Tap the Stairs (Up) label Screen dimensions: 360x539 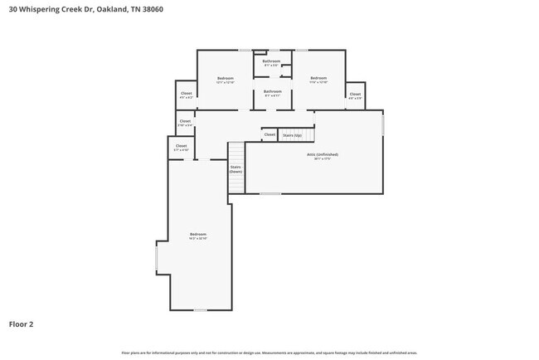coord(292,134)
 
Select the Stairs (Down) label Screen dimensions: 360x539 coord(236,168)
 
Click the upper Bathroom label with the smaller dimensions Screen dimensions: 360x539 coord(271,61)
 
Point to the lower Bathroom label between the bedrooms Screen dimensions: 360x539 coord(273,91)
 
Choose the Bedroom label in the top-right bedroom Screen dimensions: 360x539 coord(318,78)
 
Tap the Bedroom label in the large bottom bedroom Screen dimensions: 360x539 coord(197,234)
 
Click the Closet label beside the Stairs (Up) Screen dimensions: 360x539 coord(269,134)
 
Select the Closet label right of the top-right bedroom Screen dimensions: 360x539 coord(355,94)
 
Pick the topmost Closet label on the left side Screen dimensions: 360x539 coord(186,94)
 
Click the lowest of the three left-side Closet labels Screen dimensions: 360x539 coord(181,146)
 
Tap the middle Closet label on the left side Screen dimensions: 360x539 coord(185,121)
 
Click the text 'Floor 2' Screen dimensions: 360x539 coord(21,324)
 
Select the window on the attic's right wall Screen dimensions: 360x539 coord(383,124)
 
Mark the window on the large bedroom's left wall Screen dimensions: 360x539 coord(155,260)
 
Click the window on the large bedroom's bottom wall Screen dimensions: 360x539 coord(199,310)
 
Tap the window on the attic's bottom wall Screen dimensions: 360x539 coord(269,194)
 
